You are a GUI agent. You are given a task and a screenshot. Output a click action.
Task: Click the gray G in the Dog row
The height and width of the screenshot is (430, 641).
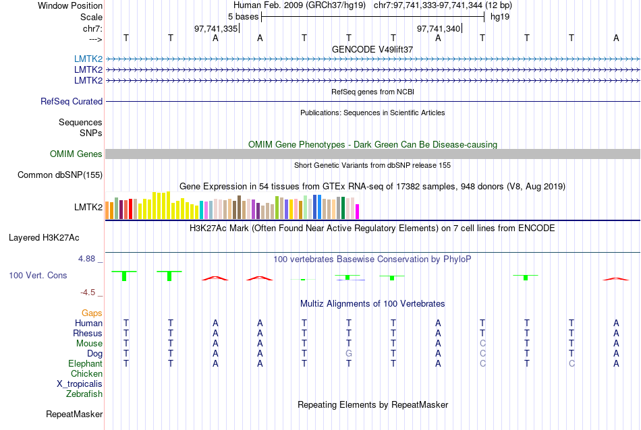click(348, 353)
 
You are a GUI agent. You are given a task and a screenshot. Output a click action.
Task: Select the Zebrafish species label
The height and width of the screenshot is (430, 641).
click(84, 394)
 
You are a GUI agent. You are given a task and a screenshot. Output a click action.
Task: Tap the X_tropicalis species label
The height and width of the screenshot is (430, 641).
click(80, 383)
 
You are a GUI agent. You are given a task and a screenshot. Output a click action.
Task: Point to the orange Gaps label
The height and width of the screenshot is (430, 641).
click(92, 313)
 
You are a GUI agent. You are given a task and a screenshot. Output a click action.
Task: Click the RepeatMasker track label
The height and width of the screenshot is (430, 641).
click(74, 414)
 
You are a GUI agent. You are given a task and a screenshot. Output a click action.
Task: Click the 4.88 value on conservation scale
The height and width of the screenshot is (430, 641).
click(88, 259)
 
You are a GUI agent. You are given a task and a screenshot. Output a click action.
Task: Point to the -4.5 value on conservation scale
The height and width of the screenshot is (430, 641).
click(88, 293)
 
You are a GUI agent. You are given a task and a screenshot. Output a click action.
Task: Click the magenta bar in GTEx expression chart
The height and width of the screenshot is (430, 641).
click(358, 211)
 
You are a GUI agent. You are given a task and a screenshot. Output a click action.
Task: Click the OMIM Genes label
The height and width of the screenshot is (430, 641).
click(76, 154)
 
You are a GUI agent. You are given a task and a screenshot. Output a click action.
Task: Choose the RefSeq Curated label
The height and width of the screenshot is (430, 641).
click(72, 101)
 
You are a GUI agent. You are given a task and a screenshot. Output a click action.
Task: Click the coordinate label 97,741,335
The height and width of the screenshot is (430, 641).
click(215, 29)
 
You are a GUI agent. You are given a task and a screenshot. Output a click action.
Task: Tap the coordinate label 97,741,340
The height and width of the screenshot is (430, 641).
click(439, 29)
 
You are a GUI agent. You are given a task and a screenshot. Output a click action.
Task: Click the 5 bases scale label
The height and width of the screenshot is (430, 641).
click(240, 16)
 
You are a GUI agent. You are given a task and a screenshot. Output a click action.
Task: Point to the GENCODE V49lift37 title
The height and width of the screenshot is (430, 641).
click(372, 49)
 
